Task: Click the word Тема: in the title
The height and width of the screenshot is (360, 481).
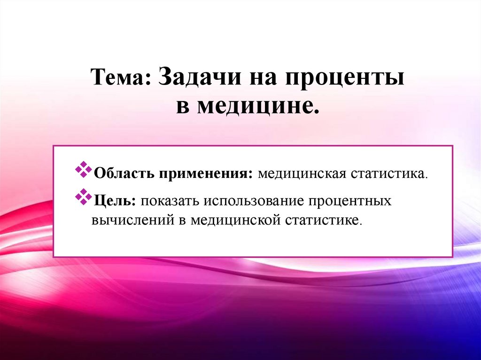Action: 120,76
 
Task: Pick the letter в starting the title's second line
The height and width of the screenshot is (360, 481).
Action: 182,106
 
